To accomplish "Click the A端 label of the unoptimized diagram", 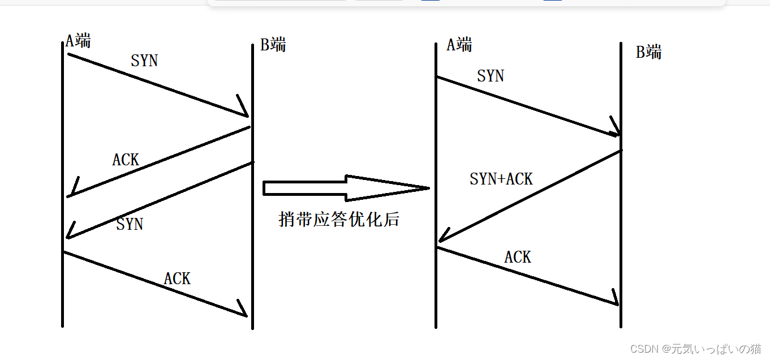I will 78,41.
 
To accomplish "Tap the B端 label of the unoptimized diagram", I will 273,45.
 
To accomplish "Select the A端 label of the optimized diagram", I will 459,45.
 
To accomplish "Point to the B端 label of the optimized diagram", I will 649,53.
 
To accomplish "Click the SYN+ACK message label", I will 501,179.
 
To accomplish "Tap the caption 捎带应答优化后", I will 339,220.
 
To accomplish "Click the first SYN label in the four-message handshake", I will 144,61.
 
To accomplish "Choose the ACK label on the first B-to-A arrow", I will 126,160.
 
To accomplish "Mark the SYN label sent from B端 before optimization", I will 130,224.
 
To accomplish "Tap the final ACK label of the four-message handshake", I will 177,278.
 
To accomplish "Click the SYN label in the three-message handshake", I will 491,76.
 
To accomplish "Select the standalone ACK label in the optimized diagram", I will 518,257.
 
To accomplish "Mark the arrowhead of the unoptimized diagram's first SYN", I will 246,114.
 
